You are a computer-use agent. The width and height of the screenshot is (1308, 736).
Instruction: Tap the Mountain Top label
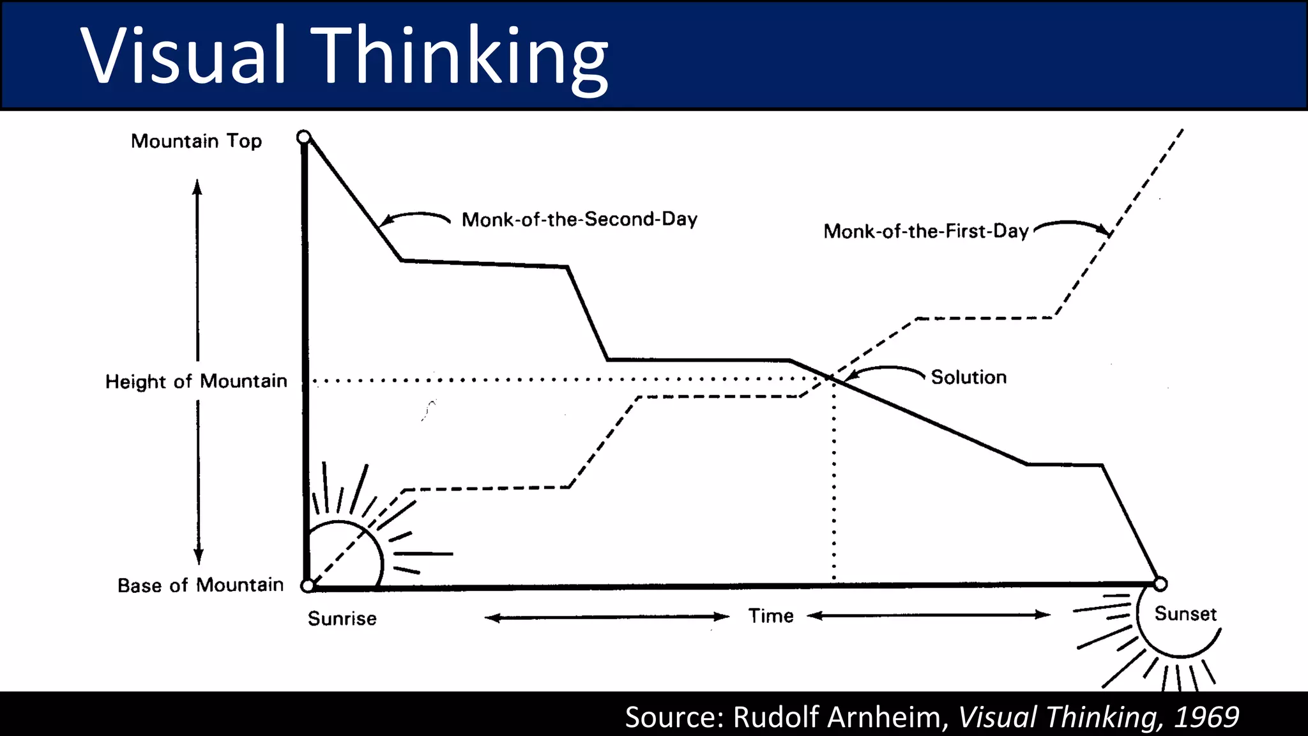point(196,141)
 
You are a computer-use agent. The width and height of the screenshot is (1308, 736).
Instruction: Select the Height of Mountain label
point(196,381)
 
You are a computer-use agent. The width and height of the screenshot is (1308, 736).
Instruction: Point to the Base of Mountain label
point(200,585)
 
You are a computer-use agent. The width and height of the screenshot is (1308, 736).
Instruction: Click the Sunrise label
point(342,618)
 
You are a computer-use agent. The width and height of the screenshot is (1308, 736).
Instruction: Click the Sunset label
point(1185,614)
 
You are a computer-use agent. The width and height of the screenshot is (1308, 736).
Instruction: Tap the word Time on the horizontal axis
point(771,616)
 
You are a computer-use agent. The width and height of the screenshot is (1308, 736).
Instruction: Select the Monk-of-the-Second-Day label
point(579,220)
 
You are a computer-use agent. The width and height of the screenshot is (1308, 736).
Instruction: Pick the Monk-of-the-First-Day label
point(925,231)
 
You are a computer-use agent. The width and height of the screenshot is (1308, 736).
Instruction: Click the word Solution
point(968,377)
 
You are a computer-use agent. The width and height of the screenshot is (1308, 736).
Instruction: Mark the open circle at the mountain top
point(304,137)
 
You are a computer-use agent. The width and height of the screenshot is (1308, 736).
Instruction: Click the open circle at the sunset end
point(1160,584)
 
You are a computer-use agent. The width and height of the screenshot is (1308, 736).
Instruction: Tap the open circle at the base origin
point(308,585)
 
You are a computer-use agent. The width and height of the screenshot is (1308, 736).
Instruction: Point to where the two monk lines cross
point(832,378)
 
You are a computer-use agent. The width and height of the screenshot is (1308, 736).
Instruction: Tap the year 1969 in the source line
point(1206,717)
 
